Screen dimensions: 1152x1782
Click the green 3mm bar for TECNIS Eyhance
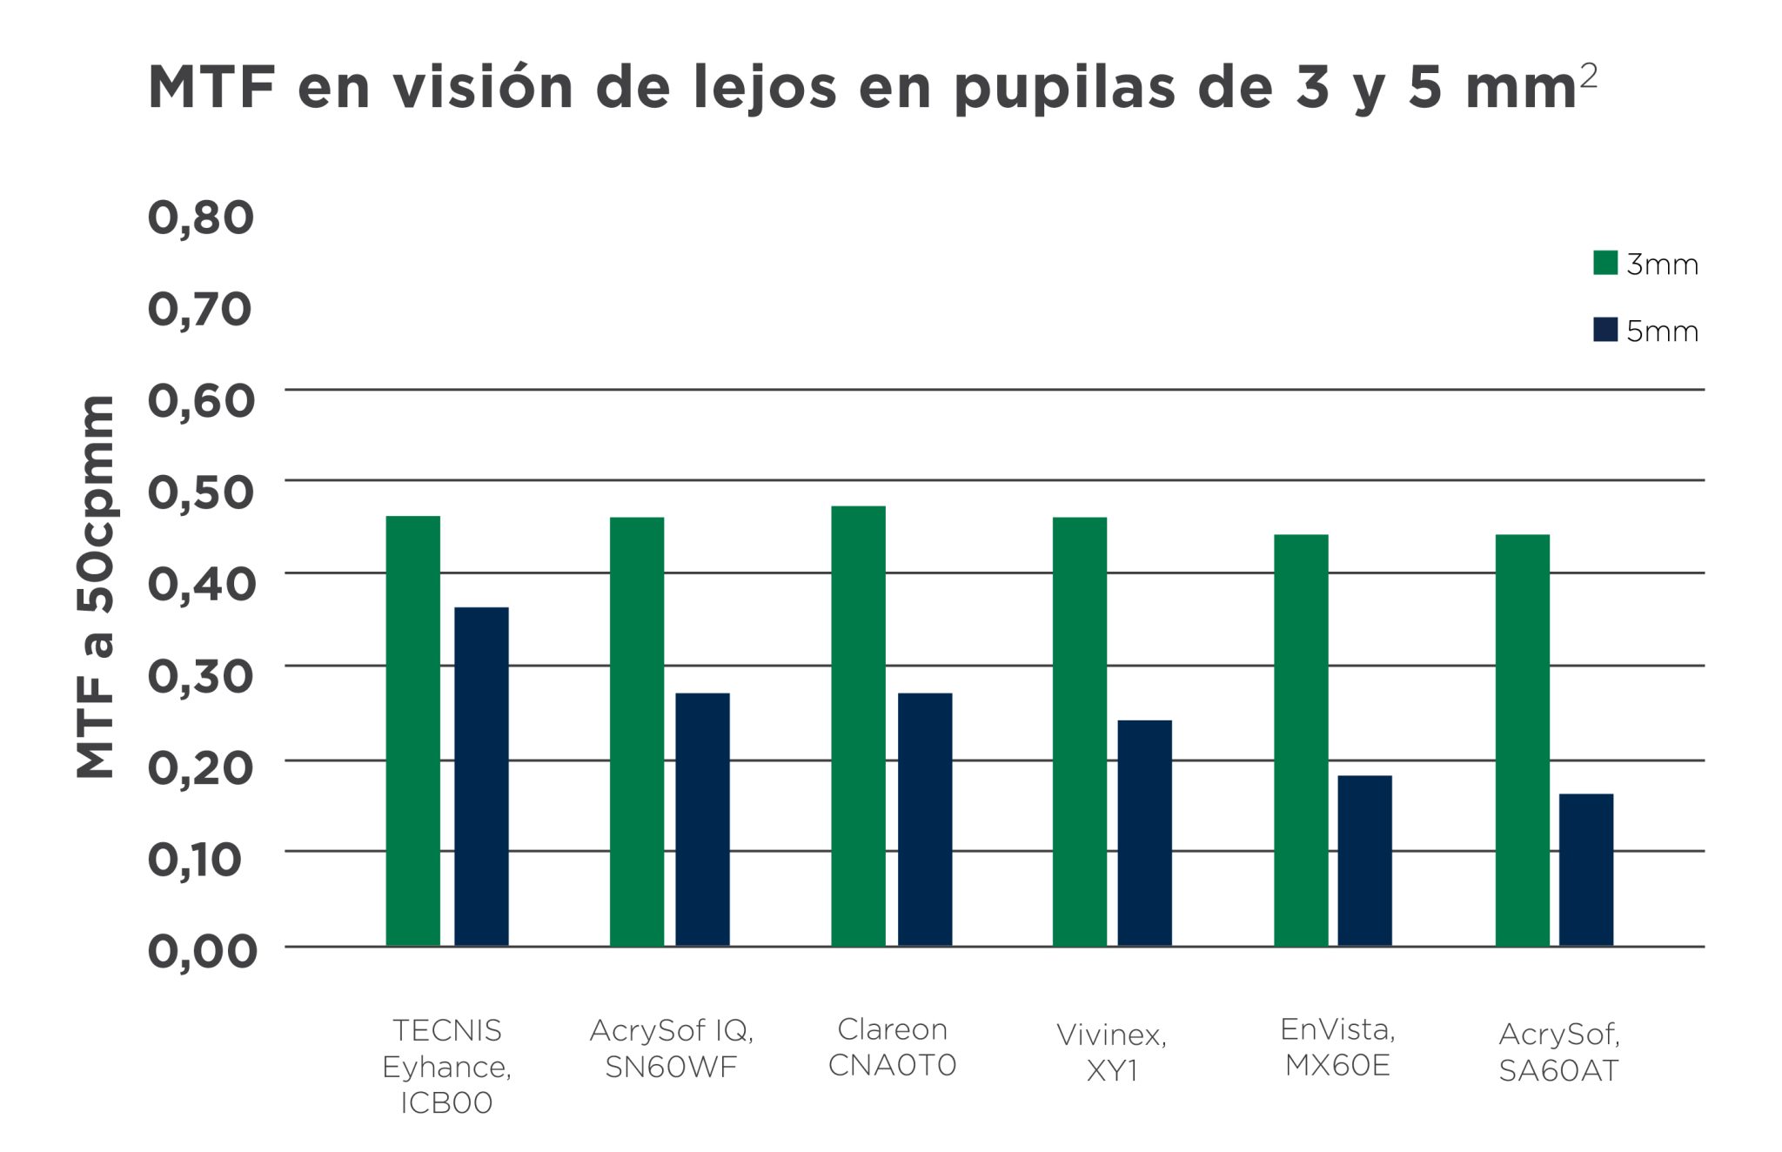click(412, 731)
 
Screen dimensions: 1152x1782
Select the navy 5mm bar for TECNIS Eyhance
click(481, 776)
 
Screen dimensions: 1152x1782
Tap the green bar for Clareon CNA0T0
click(858, 726)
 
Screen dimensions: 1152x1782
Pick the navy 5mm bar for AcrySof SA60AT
click(1585, 869)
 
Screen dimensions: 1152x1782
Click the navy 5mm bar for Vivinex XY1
click(1144, 833)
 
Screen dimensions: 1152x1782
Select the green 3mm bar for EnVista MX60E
click(1301, 740)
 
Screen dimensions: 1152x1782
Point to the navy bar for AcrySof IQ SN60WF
click(702, 819)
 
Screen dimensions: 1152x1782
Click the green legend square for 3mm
click(1604, 263)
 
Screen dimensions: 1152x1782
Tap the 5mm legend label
click(1661, 332)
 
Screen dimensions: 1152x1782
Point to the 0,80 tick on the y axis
click(200, 218)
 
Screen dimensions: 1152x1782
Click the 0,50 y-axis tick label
click(200, 492)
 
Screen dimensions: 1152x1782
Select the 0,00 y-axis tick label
click(202, 951)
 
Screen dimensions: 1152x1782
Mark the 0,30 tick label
click(200, 676)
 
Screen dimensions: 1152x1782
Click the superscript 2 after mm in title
click(1588, 76)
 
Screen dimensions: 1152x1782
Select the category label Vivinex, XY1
click(1111, 1052)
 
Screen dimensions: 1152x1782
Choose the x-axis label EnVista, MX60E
click(1337, 1047)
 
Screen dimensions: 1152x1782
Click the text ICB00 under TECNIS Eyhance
click(446, 1102)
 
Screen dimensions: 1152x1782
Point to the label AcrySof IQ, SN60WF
click(671, 1048)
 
